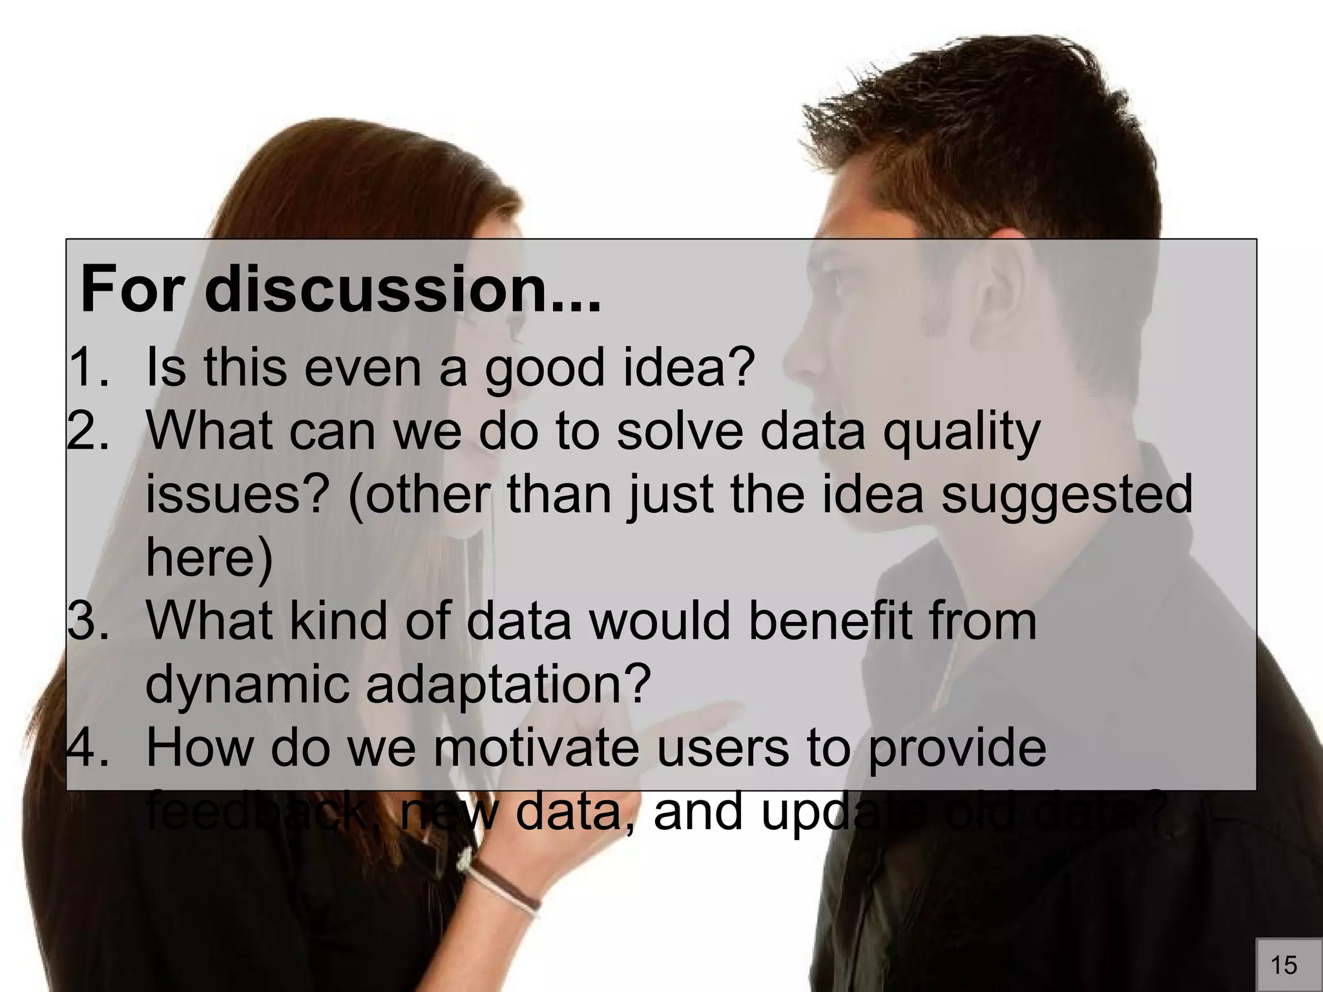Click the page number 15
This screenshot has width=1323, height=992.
pyautogui.click(x=1284, y=965)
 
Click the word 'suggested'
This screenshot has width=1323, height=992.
pyautogui.click(x=1066, y=493)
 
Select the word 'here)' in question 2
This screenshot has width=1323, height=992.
pyautogui.click(x=209, y=557)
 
